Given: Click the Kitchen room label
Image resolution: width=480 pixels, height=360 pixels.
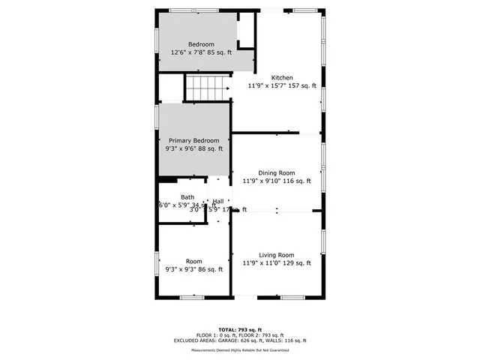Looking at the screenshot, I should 282,77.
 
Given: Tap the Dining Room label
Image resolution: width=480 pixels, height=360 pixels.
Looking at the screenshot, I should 277,172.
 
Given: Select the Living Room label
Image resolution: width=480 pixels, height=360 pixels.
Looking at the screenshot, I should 277,255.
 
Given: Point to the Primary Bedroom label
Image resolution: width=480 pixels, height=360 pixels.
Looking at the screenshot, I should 193,141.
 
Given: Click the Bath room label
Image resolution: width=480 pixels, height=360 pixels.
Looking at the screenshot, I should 187,197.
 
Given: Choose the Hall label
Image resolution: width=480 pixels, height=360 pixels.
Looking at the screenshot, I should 218,201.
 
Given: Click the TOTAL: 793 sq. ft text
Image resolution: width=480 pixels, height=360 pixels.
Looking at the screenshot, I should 239,329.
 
